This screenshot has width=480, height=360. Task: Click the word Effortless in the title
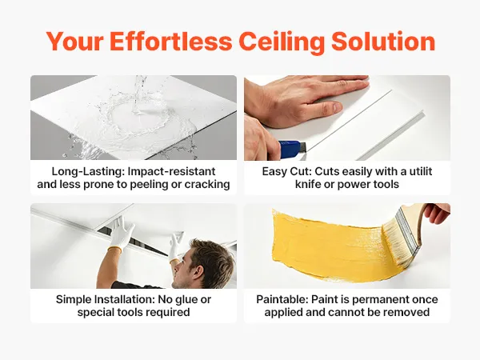tap(170, 41)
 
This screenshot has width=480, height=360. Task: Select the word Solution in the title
tap(383, 41)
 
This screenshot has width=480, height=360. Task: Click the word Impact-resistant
tap(172, 171)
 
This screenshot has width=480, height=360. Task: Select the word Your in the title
tap(74, 41)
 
